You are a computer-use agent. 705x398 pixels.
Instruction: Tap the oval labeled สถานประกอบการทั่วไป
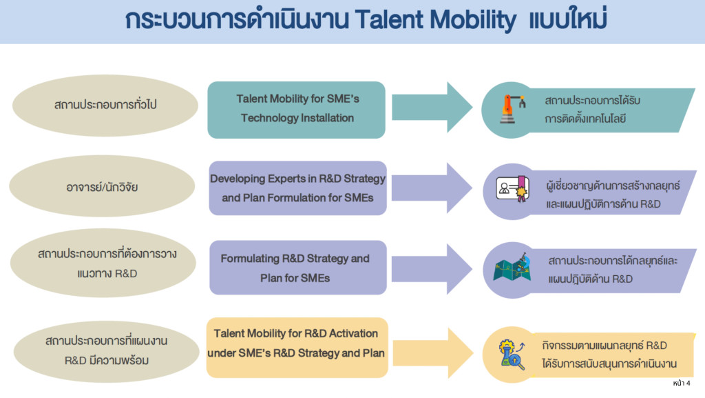105,106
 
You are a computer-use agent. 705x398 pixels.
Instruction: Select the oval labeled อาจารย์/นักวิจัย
102,186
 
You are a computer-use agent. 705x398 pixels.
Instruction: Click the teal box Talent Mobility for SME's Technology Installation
296,110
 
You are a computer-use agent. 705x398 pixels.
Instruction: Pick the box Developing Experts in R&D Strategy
297,188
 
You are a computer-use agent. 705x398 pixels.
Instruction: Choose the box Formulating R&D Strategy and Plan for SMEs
297,268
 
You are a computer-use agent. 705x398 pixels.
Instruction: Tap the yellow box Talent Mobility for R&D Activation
297,348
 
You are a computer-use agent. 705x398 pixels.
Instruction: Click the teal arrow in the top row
432,107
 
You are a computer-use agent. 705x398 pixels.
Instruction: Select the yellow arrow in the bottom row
433,353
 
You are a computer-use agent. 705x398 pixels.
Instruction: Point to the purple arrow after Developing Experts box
432,188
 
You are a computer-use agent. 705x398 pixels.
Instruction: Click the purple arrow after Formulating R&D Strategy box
432,269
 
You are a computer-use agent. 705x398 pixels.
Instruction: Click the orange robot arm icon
512,109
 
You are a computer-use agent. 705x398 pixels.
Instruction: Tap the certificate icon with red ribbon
512,188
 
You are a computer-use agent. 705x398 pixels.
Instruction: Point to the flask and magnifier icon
512,355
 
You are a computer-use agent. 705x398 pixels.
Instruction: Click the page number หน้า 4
682,383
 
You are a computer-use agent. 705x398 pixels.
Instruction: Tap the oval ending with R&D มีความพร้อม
107,352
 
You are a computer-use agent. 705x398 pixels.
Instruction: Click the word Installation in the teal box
327,118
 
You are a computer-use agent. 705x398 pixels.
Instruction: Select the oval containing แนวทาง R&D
103,263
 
